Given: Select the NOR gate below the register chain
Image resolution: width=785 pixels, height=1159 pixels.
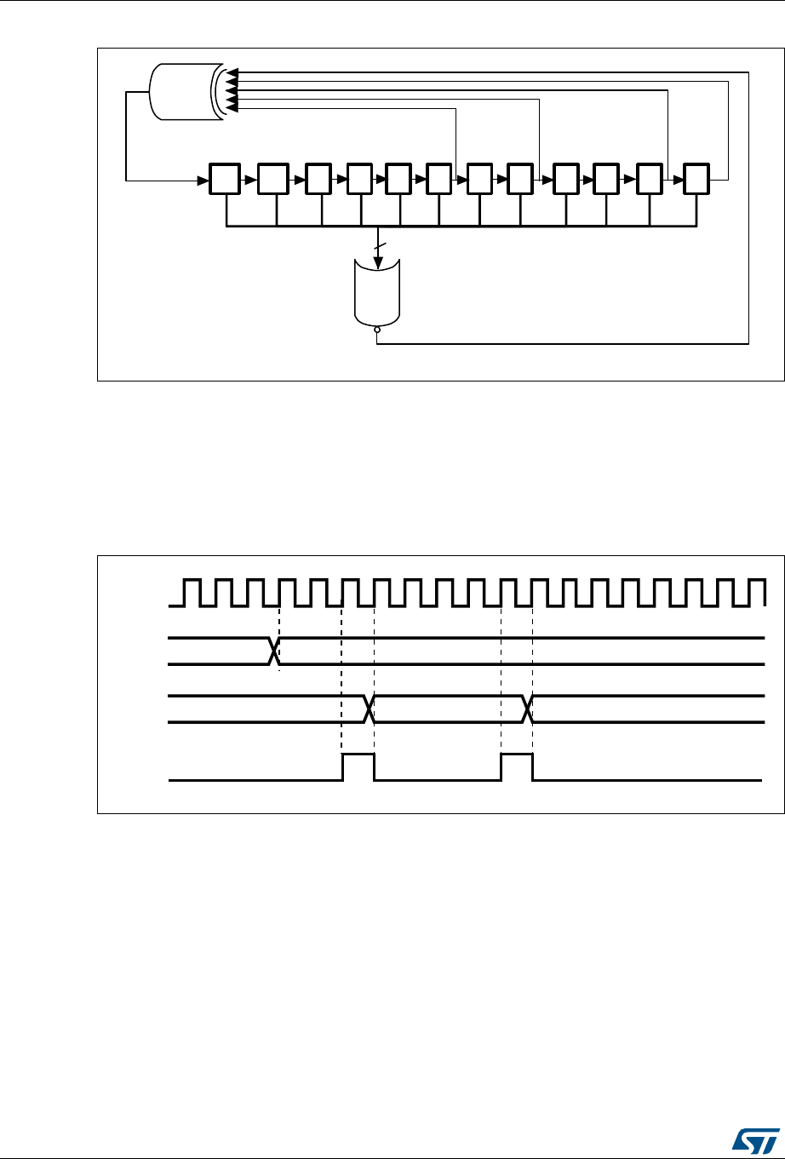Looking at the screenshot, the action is click(376, 294).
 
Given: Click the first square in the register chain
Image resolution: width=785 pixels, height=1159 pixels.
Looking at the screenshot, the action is click(226, 180).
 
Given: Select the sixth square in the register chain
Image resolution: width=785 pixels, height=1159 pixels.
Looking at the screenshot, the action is click(439, 180).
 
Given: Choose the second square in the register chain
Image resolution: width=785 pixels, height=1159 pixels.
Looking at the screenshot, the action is click(274, 180).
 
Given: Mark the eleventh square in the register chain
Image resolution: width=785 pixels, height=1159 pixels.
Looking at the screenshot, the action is click(649, 180).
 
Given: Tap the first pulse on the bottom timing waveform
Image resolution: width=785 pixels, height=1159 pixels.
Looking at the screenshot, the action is click(358, 766).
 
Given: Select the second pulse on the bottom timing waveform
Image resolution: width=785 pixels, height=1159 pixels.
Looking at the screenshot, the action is click(517, 766).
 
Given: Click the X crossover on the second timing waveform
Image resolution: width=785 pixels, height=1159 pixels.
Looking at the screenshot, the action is click(273, 651).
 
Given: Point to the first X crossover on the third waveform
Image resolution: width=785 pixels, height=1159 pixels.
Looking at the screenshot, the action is click(369, 709).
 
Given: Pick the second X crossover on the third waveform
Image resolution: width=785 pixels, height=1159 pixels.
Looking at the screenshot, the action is click(528, 709).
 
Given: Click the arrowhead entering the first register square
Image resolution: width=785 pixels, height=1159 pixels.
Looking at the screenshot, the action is click(205, 180).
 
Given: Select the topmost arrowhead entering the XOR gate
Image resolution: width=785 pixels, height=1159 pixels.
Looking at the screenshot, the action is click(231, 72).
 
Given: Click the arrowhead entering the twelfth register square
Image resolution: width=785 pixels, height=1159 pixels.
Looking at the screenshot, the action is click(677, 180).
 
